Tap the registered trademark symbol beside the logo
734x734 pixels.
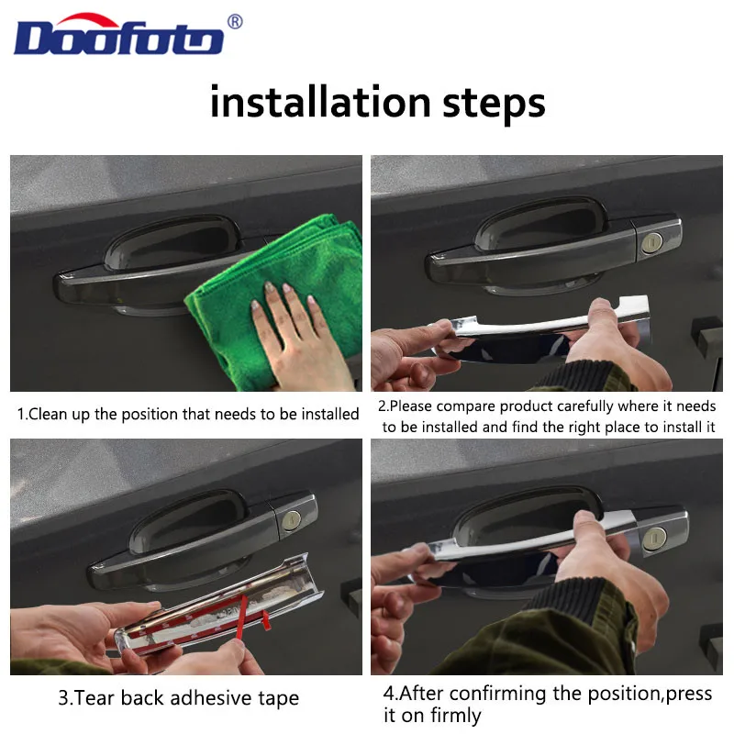(235, 21)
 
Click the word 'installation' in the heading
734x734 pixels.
(320, 102)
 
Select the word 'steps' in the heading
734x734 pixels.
(494, 105)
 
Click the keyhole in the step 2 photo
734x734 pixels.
(651, 242)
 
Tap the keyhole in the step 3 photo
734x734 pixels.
(292, 519)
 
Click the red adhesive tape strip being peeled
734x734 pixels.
(242, 617)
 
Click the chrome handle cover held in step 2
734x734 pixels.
(543, 331)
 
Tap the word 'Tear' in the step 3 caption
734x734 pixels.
(94, 698)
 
